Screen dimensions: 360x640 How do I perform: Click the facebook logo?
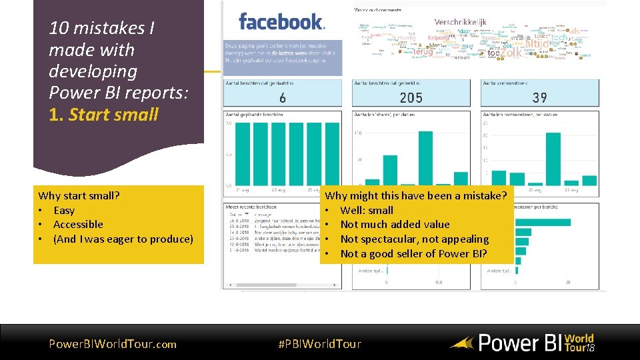(281, 22)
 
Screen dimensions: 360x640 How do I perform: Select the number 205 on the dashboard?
(411, 98)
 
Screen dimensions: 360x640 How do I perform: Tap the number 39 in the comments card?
(540, 98)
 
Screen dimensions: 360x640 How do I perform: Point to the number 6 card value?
(283, 98)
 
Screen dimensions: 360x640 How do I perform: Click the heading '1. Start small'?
(104, 114)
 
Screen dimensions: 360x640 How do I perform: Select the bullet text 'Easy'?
(64, 210)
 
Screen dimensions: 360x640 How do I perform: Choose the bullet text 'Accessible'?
(78, 225)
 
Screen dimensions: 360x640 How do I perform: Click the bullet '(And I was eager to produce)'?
(123, 239)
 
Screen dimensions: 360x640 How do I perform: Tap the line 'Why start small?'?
(79, 195)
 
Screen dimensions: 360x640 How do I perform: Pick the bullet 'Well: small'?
(367, 210)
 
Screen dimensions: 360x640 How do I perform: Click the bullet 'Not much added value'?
(395, 225)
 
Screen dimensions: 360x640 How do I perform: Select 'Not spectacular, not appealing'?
(414, 239)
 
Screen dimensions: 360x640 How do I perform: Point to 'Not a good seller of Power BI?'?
(413, 254)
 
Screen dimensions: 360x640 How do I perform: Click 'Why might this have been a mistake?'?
(415, 195)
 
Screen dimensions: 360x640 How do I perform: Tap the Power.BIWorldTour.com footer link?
(113, 344)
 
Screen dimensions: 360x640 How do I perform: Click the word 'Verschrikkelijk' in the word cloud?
(459, 22)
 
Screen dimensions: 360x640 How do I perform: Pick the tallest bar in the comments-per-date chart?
(553, 159)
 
